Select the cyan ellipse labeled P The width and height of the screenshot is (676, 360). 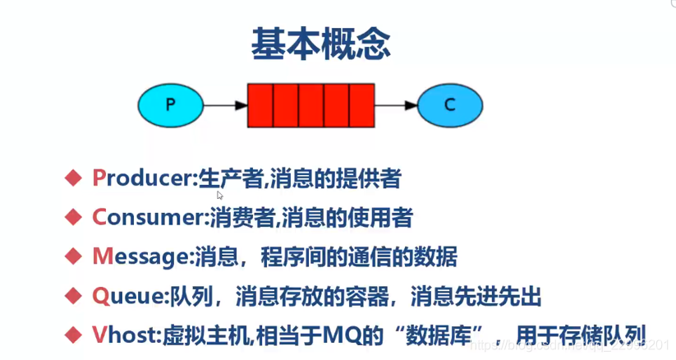(170, 104)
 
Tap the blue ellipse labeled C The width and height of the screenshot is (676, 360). (448, 104)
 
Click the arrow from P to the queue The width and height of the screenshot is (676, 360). (224, 104)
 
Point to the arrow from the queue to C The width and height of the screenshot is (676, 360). (397, 104)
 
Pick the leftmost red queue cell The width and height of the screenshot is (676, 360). (260, 104)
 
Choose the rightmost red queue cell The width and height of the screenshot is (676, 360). (362, 104)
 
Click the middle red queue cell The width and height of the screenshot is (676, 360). (311, 104)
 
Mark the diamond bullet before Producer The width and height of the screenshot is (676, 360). (74, 177)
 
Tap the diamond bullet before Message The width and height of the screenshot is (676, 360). (74, 256)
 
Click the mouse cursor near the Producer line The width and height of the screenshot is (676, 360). (220, 196)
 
